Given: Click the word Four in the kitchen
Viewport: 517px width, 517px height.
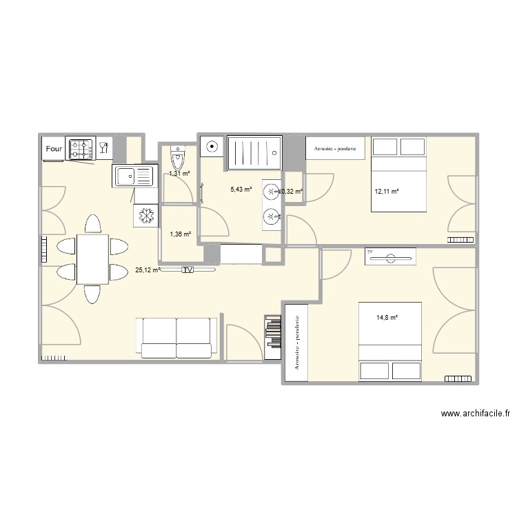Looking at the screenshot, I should click(x=53, y=148).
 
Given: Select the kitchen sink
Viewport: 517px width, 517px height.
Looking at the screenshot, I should click(x=131, y=176).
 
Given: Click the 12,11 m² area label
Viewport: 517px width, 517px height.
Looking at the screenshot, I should click(x=386, y=192).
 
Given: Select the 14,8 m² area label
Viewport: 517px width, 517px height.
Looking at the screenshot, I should click(x=387, y=318).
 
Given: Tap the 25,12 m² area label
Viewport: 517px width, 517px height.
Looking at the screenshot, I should click(x=148, y=270).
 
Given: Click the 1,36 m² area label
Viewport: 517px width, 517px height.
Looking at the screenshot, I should click(x=180, y=234).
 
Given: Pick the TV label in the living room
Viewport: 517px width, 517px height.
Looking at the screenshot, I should click(x=187, y=270).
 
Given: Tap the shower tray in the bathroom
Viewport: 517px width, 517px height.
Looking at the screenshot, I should click(x=253, y=152).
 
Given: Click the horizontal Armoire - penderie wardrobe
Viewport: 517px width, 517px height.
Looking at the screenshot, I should click(x=335, y=148).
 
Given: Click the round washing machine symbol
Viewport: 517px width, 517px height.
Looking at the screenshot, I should click(x=212, y=146).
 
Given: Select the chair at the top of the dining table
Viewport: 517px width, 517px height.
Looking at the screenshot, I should click(x=92, y=225).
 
